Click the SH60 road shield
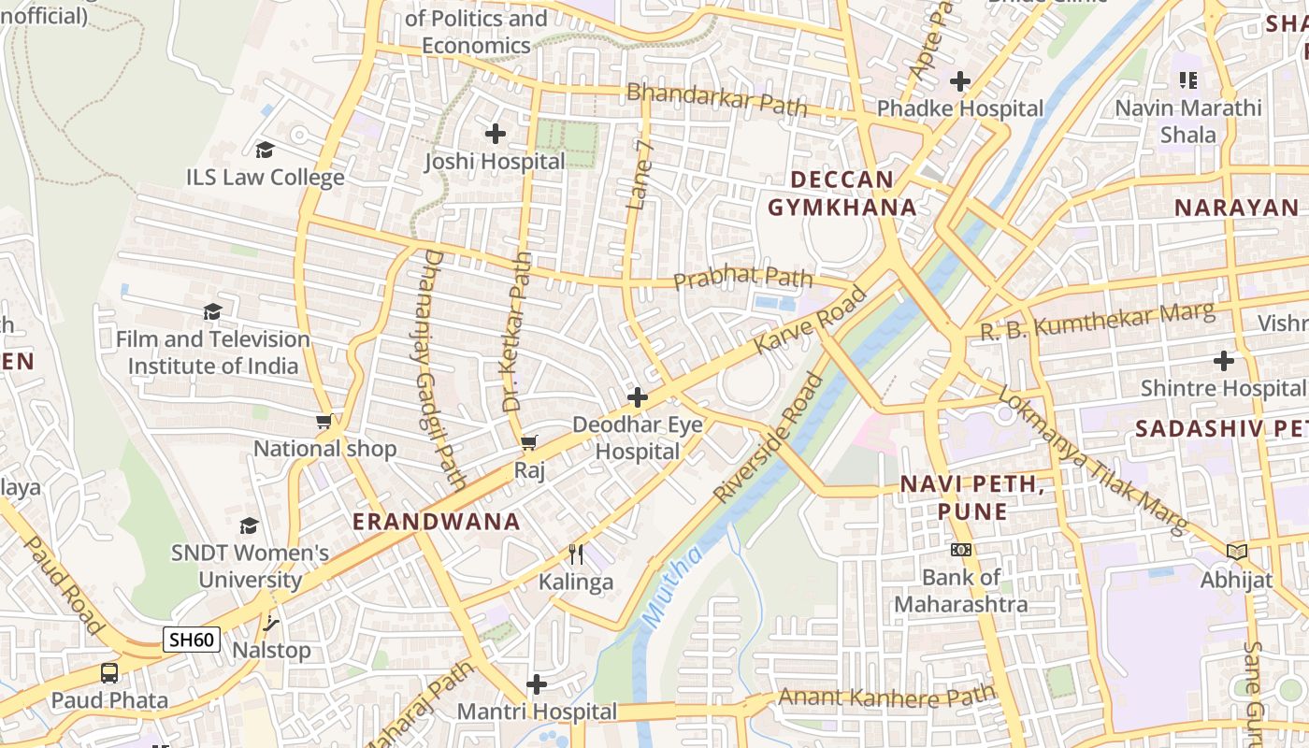(x=192, y=640)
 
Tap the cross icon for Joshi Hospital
(x=496, y=134)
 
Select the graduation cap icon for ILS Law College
(x=265, y=150)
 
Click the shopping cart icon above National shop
(x=324, y=422)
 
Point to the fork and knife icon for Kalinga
(x=576, y=554)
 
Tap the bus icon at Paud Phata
(x=109, y=672)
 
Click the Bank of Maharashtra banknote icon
(x=961, y=550)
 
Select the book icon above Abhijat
(x=1237, y=552)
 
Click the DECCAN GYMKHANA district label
(x=842, y=194)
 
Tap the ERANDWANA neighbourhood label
(x=436, y=522)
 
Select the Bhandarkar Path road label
(x=716, y=99)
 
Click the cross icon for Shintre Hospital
(x=1223, y=360)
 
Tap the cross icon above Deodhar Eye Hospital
(x=638, y=397)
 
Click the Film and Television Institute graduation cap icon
(x=213, y=311)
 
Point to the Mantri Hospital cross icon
(x=537, y=684)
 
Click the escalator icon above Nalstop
(x=271, y=622)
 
